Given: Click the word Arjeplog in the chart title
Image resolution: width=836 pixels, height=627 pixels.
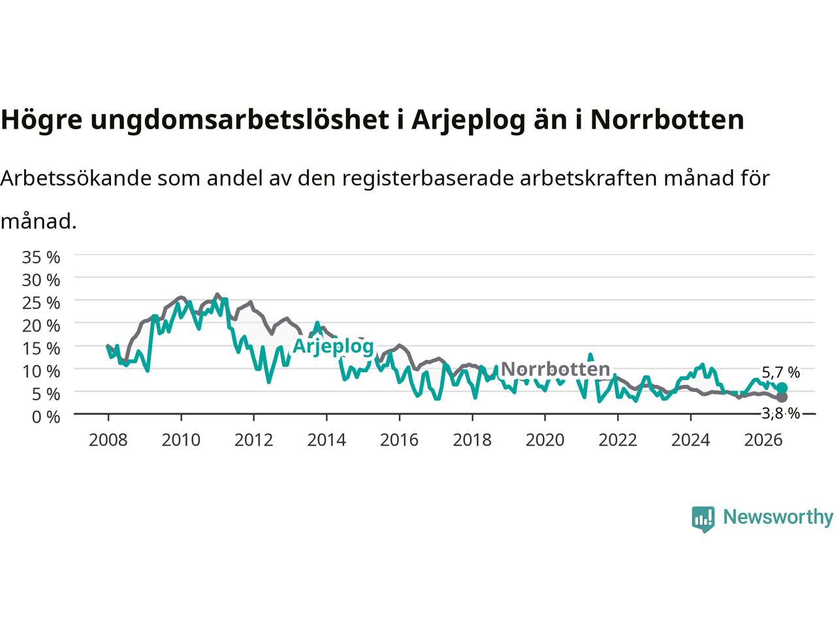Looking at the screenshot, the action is (x=468, y=120).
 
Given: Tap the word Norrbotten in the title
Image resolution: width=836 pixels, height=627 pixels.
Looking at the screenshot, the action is (x=667, y=120).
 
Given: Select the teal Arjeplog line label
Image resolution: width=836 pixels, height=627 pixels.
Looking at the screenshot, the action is (x=333, y=347).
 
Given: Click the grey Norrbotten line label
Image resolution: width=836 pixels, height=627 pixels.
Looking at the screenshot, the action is (x=555, y=369).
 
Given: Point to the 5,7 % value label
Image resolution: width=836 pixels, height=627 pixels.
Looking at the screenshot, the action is (x=780, y=372).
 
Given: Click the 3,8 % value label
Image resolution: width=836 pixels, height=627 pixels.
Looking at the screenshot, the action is (x=780, y=413).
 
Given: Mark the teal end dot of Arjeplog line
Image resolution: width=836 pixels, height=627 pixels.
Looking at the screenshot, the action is (x=782, y=388).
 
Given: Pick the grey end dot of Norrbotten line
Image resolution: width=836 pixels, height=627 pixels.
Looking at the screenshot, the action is (x=782, y=398).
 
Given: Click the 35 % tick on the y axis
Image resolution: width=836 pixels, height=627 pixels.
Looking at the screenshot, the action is (x=41, y=257).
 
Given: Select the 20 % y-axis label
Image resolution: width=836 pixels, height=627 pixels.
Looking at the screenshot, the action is (x=41, y=326).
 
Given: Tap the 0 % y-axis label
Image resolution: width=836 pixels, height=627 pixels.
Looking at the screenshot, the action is (x=46, y=417).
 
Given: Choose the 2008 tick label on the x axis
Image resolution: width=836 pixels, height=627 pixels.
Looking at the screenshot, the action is (x=108, y=440).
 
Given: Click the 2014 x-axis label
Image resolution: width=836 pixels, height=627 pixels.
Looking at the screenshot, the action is (x=327, y=440).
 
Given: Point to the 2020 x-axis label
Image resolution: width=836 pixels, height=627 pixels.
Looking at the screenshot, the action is (x=545, y=440).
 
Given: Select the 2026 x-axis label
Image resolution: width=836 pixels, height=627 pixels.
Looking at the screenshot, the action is (x=764, y=440).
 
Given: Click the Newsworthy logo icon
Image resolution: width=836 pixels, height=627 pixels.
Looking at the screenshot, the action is (x=703, y=519).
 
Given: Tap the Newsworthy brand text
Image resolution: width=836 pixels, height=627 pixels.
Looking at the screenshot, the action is (x=779, y=517).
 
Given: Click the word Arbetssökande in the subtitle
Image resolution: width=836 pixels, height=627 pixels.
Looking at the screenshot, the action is (x=76, y=178).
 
